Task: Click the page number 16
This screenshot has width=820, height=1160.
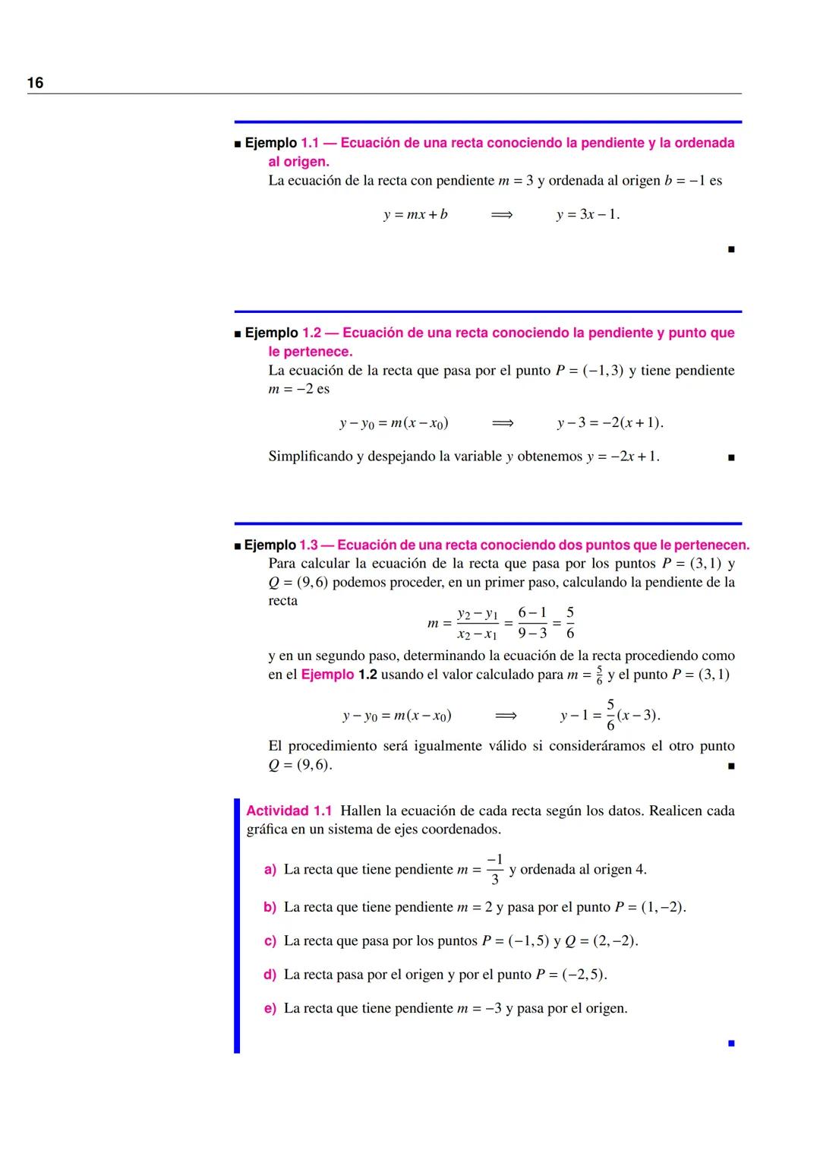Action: [x=35, y=83]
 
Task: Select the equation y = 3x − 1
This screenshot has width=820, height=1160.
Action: [x=588, y=214]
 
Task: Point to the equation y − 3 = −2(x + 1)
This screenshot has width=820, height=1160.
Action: [x=610, y=422]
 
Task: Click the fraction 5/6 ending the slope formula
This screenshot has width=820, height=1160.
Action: [x=570, y=622]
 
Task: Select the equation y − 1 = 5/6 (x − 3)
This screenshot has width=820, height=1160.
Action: [x=610, y=715]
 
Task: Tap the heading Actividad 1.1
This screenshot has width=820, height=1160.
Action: [x=289, y=811]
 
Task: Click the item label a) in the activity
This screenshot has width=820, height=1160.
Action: [x=270, y=869]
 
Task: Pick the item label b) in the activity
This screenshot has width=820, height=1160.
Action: [x=270, y=907]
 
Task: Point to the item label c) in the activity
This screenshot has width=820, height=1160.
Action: [x=270, y=940]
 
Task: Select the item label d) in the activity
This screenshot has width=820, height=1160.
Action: [x=270, y=974]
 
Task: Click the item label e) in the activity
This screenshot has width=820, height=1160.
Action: [x=270, y=1008]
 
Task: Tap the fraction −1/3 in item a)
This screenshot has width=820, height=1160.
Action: [x=495, y=869]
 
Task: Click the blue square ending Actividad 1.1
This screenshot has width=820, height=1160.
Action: [x=730, y=1043]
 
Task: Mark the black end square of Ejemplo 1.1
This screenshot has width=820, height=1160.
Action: [x=730, y=248]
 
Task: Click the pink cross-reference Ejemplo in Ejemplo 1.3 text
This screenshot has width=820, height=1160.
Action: [x=327, y=675]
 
